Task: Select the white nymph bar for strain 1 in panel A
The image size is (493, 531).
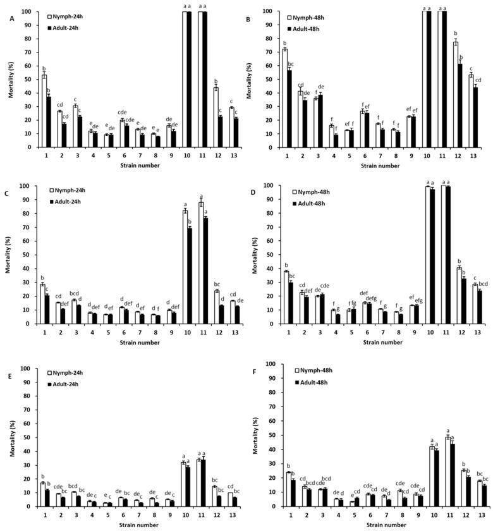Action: pos(44,111)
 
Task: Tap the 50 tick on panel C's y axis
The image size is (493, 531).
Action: pos(28,255)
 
